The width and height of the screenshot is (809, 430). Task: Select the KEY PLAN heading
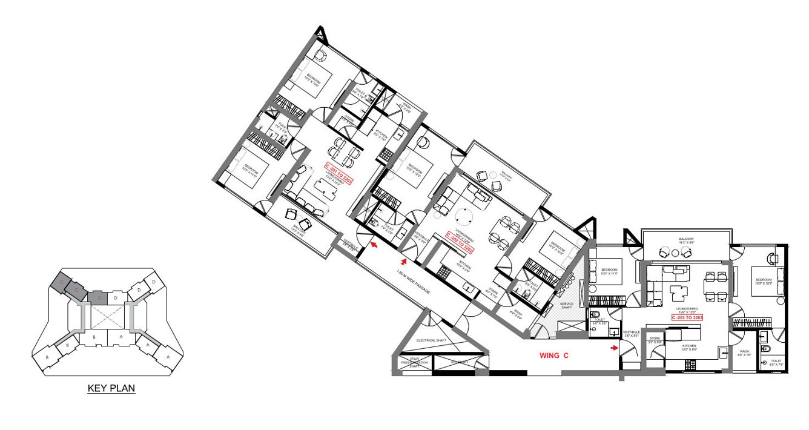tap(111, 389)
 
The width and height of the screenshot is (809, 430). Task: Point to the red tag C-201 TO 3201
tap(338, 173)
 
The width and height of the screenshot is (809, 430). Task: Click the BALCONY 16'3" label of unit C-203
tap(685, 240)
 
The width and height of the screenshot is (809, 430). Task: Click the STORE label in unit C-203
tap(655, 340)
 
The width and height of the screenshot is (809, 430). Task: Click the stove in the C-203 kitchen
tap(689, 364)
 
